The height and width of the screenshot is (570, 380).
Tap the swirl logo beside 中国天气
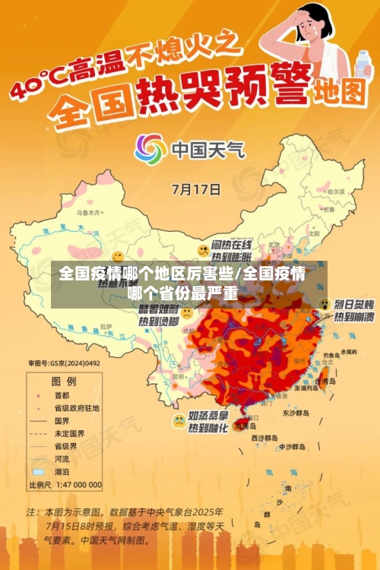150,149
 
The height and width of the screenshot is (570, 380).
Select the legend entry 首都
62,395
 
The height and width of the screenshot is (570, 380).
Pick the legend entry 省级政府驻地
75,407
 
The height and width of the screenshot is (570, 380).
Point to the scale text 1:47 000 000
76,484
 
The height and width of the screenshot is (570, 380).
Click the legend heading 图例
62,380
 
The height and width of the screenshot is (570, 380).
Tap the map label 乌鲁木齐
89,213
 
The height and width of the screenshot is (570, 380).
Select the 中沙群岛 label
291,447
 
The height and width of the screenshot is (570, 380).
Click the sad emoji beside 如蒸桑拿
178,419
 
